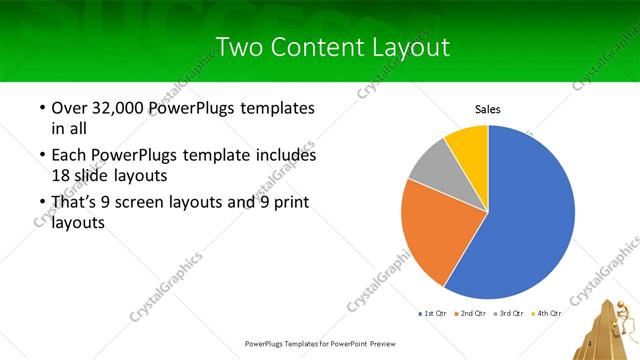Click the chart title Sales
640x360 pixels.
point(487,109)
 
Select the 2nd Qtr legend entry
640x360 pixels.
point(471,313)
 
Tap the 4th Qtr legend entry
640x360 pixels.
point(547,313)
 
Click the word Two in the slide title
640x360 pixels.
point(240,47)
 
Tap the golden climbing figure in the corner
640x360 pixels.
point(610,325)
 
